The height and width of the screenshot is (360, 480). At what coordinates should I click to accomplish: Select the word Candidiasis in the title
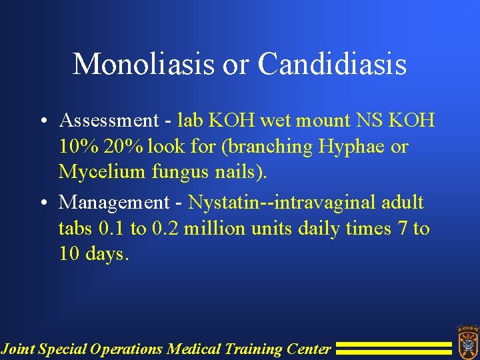coord(332,65)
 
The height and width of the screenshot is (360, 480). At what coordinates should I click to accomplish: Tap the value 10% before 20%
coord(79,147)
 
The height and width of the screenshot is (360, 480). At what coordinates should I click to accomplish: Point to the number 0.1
coord(111,229)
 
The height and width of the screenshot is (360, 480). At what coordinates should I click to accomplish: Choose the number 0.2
coord(165,229)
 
